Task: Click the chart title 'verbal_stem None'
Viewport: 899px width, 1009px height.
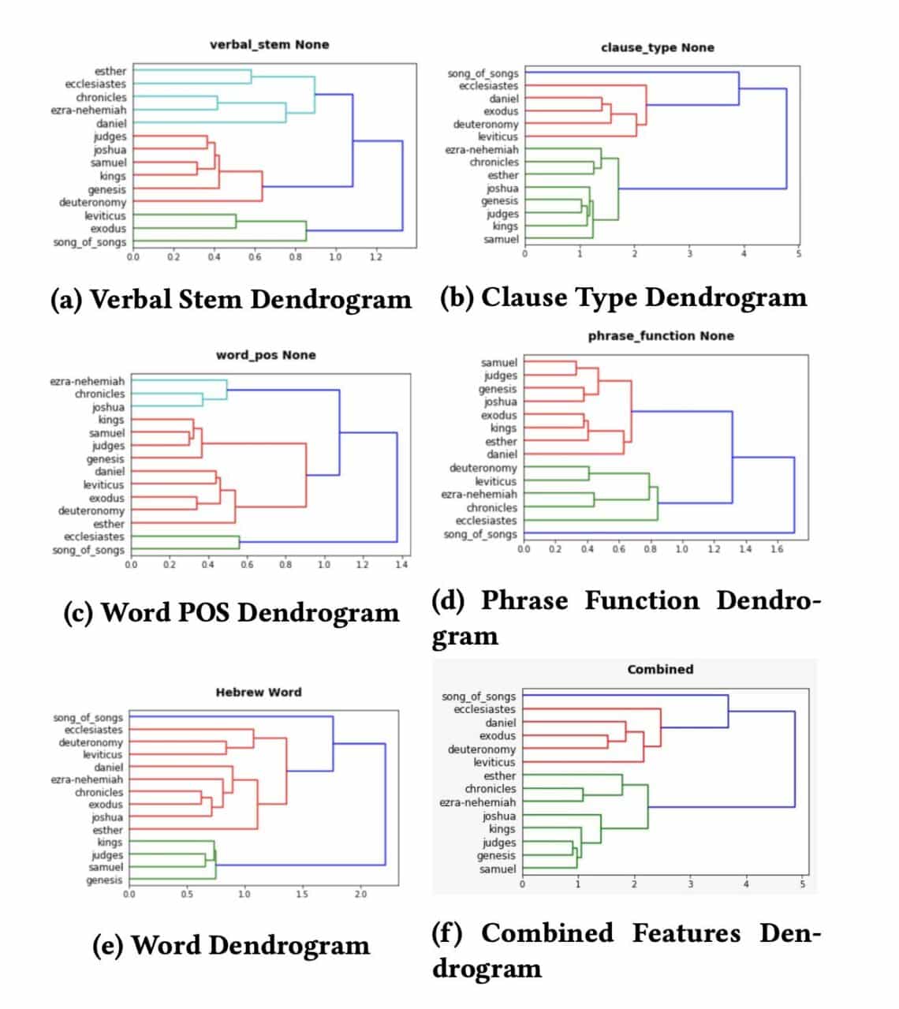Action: pos(269,45)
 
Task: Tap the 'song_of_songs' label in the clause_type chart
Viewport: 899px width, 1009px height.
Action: pos(483,73)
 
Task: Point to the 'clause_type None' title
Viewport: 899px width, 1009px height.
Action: pos(657,47)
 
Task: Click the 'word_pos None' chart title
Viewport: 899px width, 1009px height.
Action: pos(266,355)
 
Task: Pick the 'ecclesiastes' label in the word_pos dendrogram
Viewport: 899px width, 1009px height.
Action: pos(94,536)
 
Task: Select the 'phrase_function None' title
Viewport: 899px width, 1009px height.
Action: pos(661,336)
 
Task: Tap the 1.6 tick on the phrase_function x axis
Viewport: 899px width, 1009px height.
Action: pos(777,549)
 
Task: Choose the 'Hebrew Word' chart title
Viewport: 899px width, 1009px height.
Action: pos(259,692)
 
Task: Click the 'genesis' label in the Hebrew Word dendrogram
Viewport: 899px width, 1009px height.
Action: pos(104,880)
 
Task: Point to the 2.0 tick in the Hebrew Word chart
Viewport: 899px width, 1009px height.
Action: pos(360,895)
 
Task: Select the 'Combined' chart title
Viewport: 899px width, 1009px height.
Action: pos(660,669)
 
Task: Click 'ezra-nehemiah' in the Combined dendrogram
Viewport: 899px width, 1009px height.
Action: pos(477,802)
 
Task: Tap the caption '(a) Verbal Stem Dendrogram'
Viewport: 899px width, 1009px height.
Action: pos(230,300)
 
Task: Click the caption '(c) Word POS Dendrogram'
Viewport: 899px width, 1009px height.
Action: pos(231,613)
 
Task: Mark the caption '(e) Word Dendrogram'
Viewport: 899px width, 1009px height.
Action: pos(231,945)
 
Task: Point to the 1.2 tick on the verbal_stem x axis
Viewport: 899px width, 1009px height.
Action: pos(375,257)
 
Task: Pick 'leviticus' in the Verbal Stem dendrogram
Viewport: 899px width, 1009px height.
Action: pos(105,215)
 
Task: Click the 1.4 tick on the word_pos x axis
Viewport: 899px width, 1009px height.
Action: pos(401,565)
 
